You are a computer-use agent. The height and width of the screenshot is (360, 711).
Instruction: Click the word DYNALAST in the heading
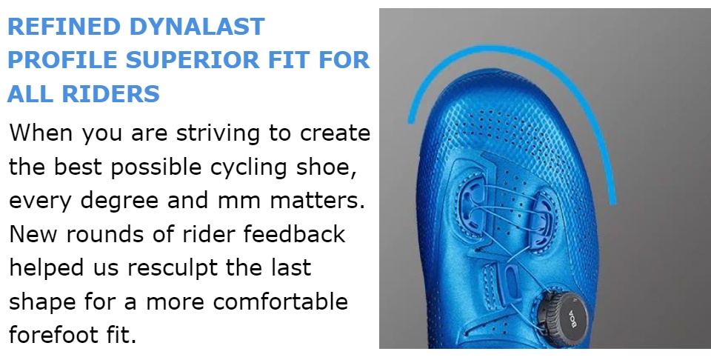(197, 27)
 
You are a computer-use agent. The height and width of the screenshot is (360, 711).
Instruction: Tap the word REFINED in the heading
(64, 27)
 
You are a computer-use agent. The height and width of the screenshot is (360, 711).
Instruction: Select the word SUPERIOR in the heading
(193, 60)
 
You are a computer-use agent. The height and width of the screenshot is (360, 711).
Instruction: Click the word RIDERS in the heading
(110, 94)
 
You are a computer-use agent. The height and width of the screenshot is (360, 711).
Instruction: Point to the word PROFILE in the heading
(62, 60)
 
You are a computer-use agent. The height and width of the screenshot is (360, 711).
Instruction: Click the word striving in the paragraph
(218, 133)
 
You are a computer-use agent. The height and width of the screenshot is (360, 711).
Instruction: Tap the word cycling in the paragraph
(249, 167)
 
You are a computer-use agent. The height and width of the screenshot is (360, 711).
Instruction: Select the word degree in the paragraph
(120, 201)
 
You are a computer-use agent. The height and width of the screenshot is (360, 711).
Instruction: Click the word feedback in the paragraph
(294, 234)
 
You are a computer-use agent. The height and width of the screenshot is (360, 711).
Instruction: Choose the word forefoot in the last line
(53, 336)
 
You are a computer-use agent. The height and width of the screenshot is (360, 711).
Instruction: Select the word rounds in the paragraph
(120, 235)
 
